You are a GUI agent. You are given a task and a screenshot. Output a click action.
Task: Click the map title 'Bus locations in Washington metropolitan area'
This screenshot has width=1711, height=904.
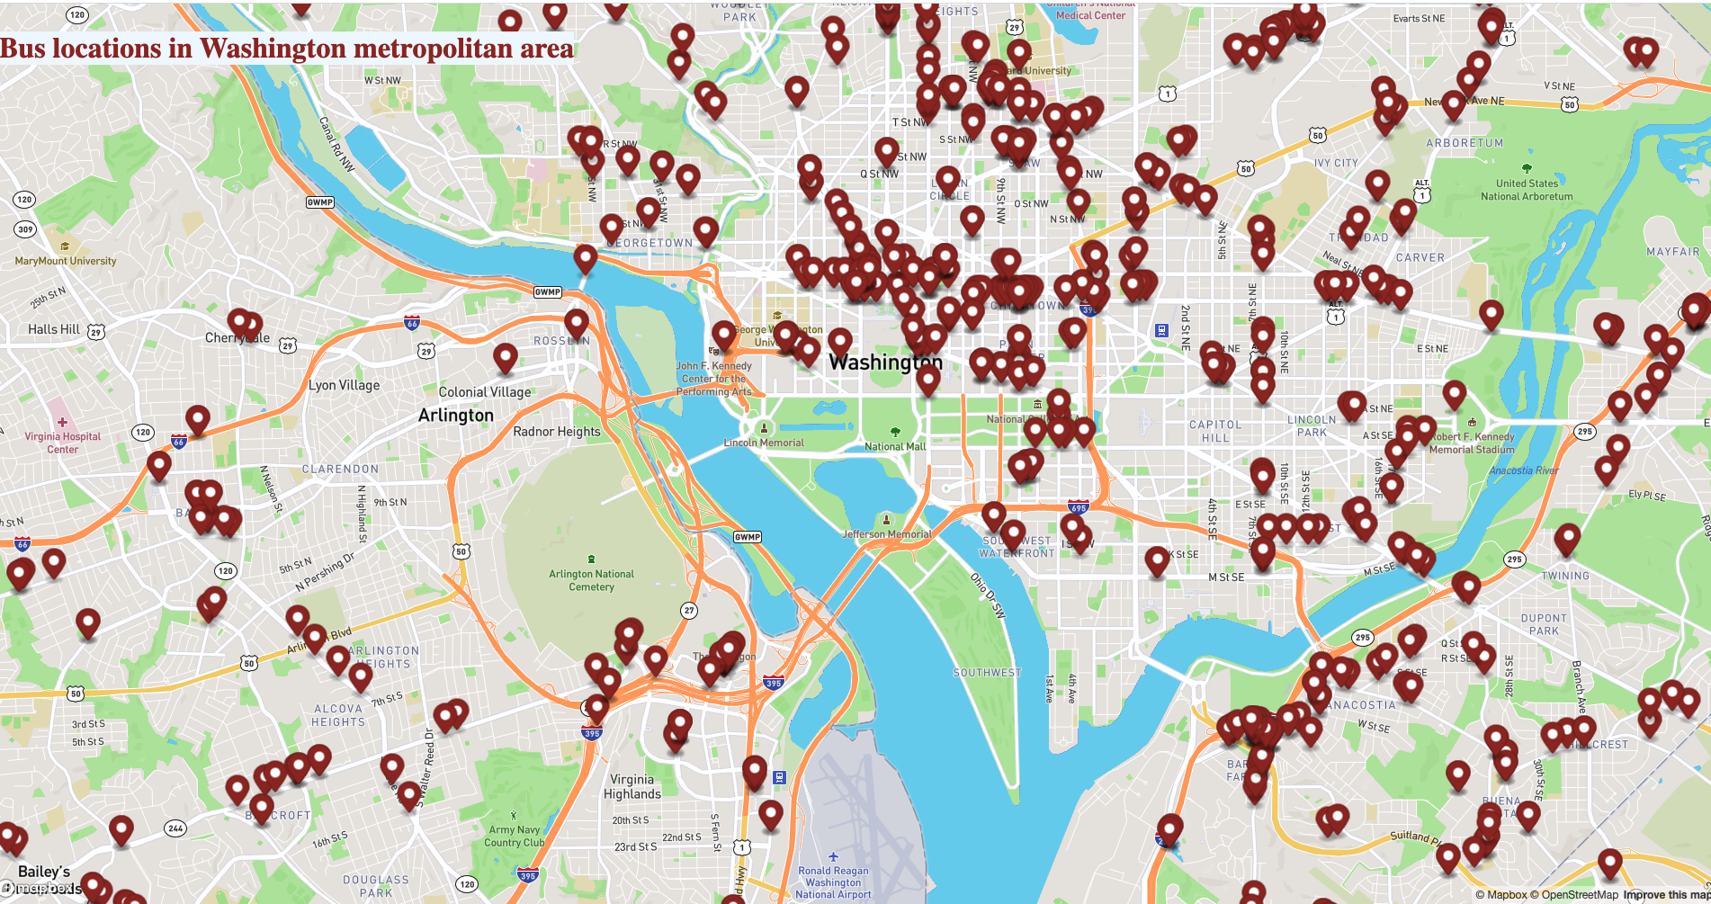tap(286, 49)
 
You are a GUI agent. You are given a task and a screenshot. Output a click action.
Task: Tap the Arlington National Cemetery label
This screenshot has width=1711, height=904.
tap(591, 580)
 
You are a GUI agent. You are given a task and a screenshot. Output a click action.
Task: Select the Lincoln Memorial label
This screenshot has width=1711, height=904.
tap(764, 443)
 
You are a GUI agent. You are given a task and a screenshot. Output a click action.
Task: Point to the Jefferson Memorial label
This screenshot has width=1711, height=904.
tap(886, 534)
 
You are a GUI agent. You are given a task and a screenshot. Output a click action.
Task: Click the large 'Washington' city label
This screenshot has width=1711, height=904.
tap(885, 362)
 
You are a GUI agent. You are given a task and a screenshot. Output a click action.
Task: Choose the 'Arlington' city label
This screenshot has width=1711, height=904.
tap(455, 416)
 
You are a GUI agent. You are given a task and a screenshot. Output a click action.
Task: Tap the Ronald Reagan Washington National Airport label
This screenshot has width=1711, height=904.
tap(833, 882)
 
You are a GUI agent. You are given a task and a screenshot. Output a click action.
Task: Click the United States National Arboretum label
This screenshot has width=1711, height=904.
tap(1527, 190)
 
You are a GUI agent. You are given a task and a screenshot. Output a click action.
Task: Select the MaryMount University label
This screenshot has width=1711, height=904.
tap(66, 261)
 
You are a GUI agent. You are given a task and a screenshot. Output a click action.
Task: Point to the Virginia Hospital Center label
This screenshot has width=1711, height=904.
tap(62, 443)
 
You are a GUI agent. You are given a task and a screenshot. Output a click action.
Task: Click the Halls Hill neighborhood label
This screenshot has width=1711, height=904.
tap(53, 329)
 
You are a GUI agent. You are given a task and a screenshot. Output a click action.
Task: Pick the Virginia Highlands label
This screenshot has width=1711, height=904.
tap(632, 786)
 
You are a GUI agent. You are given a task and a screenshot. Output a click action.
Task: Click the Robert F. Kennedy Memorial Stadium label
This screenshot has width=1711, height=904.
tap(1472, 443)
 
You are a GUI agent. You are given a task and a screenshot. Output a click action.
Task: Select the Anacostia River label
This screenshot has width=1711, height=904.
tap(1523, 470)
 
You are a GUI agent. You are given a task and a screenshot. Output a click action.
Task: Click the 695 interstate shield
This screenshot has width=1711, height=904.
tap(1078, 508)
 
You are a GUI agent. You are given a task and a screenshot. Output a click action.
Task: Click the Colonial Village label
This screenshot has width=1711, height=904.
tap(484, 392)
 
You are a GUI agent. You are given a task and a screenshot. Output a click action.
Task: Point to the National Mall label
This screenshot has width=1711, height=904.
tap(894, 446)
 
